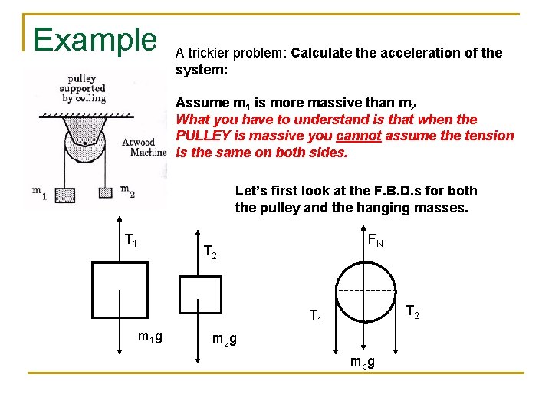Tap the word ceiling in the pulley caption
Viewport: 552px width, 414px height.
pyautogui.click(x=90, y=97)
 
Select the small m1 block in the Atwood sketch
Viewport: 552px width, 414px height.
pyautogui.click(x=64, y=195)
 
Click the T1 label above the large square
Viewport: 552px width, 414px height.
pyautogui.click(x=131, y=241)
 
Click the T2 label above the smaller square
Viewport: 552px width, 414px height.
pyautogui.click(x=209, y=251)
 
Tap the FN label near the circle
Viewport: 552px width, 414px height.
pyautogui.click(x=375, y=241)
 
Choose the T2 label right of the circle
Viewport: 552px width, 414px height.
pyautogui.click(x=412, y=311)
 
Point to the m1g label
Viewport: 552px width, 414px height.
pyautogui.click(x=149, y=336)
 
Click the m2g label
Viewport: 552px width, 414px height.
pyautogui.click(x=224, y=339)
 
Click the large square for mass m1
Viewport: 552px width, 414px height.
pyautogui.click(x=120, y=288)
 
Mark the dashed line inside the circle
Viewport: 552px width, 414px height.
pyautogui.click(x=366, y=291)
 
